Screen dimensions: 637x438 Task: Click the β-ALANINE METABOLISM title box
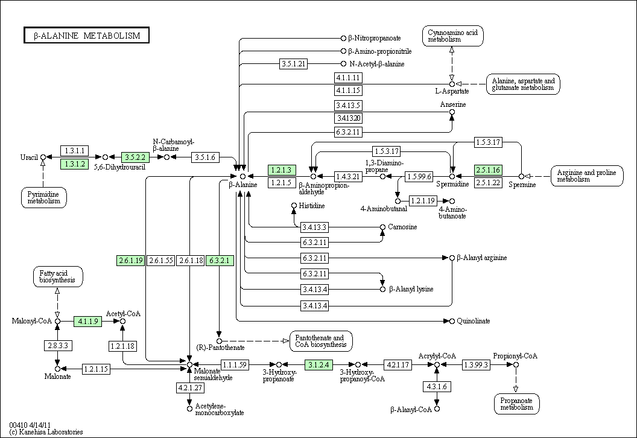click(x=86, y=36)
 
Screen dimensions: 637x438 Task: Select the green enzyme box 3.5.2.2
click(x=135, y=157)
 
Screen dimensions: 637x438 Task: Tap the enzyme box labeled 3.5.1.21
click(x=293, y=64)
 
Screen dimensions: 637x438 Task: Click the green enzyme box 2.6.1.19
click(x=131, y=261)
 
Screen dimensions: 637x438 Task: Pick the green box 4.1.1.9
click(x=87, y=322)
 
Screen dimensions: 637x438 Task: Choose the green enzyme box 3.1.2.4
click(x=318, y=365)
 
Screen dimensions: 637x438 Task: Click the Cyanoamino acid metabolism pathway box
click(x=453, y=36)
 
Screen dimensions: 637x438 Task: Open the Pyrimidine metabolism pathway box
click(x=44, y=197)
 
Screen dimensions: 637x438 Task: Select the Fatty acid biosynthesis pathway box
click(x=58, y=277)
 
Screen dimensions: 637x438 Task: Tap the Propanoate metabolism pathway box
click(x=517, y=404)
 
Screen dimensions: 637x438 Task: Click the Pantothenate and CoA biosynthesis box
click(x=321, y=341)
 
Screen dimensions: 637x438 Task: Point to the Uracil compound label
click(x=29, y=157)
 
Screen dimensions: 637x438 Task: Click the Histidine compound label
click(x=312, y=206)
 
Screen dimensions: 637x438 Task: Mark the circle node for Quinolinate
click(x=452, y=322)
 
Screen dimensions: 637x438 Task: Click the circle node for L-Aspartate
click(x=452, y=84)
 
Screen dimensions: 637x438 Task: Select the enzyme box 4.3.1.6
click(x=437, y=386)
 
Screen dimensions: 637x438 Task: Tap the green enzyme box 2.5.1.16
click(x=488, y=170)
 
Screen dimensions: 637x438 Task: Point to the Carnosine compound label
click(x=402, y=227)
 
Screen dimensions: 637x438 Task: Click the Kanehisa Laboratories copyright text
click(x=46, y=432)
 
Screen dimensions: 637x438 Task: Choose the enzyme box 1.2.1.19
click(x=422, y=201)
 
